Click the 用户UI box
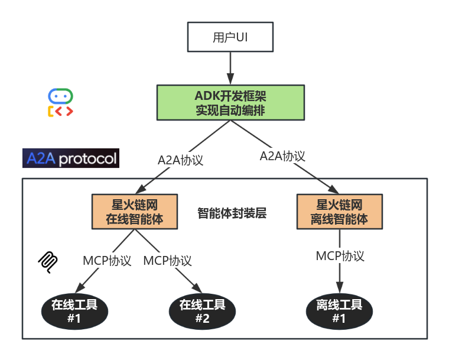pyautogui.click(x=230, y=38)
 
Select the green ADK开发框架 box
pyautogui.click(x=230, y=102)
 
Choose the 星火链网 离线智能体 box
pyautogui.click(x=339, y=212)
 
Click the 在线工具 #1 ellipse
pyautogui.click(x=74, y=312)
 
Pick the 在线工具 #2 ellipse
pyautogui.click(x=202, y=312)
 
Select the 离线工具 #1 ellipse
pyautogui.click(x=339, y=312)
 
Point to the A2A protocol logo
pyautogui.click(x=71, y=158)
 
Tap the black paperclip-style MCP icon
pyautogui.click(x=48, y=261)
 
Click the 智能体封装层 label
pyautogui.click(x=232, y=213)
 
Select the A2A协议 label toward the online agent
pyautogui.click(x=180, y=160)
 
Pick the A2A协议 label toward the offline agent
pyautogui.click(x=282, y=156)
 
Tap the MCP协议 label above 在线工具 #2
pyautogui.click(x=168, y=261)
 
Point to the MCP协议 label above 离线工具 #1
pyautogui.click(x=340, y=256)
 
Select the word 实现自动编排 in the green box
pyautogui.click(x=230, y=110)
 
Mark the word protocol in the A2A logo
pyautogui.click(x=87, y=159)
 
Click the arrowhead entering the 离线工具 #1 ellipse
pyautogui.click(x=339, y=288)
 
